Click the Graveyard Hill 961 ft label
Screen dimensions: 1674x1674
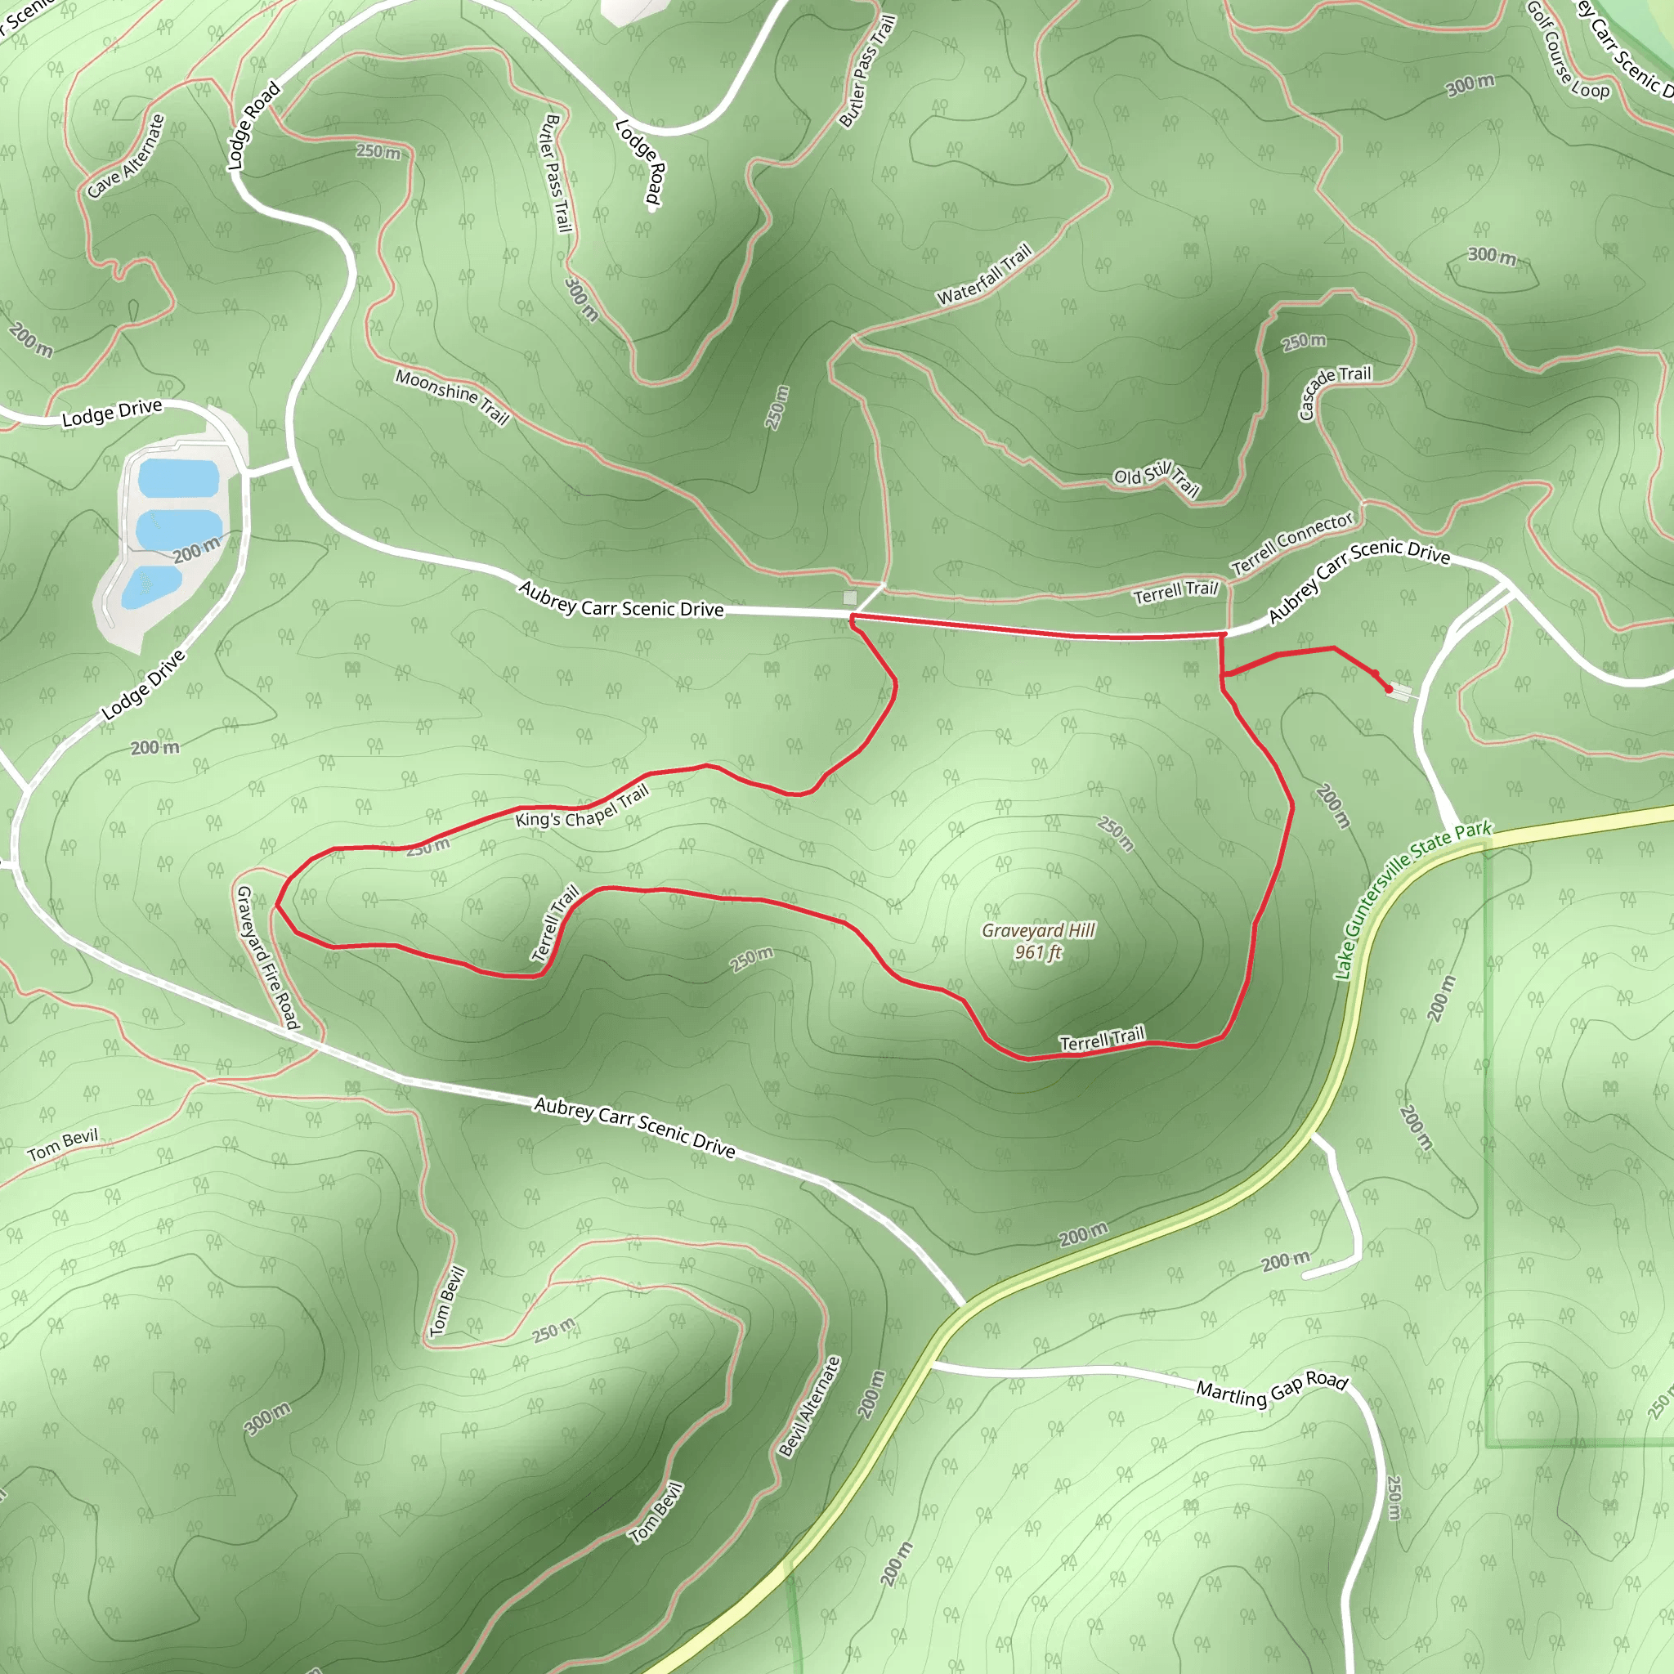click(x=1038, y=941)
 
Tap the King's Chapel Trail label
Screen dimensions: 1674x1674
click(x=581, y=807)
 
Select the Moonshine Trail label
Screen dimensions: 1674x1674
click(x=452, y=396)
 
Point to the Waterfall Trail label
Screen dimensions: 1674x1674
click(x=984, y=274)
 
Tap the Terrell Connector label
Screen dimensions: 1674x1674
click(x=1292, y=544)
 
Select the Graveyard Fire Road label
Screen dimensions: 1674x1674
click(x=268, y=956)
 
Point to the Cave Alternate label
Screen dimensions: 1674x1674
click(x=127, y=156)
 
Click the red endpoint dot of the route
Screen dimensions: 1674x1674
click(x=1390, y=690)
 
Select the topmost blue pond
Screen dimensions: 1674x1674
click(x=178, y=477)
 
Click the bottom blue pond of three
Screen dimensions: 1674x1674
click(x=150, y=587)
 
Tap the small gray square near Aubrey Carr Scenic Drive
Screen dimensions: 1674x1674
click(x=850, y=598)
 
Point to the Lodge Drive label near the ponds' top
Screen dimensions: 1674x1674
click(x=112, y=413)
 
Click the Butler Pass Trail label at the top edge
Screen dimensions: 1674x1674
click(x=867, y=71)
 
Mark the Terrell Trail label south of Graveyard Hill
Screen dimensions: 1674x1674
click(x=1102, y=1038)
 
